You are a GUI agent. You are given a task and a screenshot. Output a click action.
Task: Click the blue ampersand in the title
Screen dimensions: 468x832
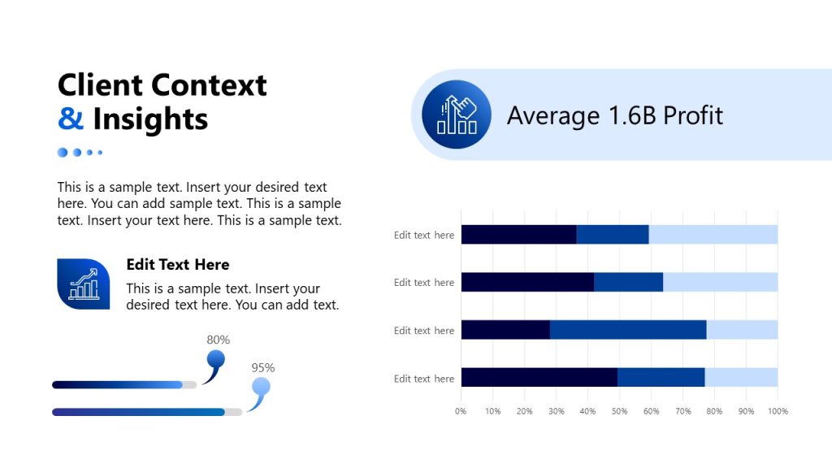[x=71, y=119]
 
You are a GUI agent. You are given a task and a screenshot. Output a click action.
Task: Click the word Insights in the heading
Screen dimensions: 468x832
[x=150, y=119]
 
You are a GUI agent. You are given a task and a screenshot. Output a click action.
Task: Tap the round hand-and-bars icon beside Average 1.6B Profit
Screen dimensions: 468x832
[x=456, y=115]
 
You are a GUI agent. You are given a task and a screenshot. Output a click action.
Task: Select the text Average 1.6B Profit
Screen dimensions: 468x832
[x=614, y=115]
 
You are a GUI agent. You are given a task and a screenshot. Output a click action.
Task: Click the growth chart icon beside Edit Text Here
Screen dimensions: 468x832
[x=83, y=284]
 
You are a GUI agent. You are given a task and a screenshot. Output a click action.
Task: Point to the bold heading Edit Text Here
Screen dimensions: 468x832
[x=178, y=264]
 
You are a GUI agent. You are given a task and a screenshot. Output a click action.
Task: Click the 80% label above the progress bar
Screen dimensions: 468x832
[x=218, y=340]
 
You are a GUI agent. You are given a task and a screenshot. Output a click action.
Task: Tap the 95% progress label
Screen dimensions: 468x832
[x=262, y=367]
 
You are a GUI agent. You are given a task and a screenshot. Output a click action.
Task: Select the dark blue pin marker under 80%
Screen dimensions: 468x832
[x=215, y=359]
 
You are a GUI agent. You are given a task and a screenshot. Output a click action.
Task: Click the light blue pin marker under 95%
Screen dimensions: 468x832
[x=260, y=388]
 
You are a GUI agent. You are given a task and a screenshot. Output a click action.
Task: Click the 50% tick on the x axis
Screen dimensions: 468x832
[x=619, y=411]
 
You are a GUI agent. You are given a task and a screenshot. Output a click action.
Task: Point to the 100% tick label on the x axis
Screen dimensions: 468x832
[x=778, y=411]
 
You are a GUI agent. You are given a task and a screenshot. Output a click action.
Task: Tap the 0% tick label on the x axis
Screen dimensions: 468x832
[x=461, y=411]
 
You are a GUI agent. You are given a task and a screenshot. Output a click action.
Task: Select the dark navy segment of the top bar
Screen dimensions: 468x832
[x=518, y=235]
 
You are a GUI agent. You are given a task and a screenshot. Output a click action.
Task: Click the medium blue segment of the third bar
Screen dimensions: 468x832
[x=628, y=330]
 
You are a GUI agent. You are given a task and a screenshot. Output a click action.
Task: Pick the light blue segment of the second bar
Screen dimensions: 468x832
[x=720, y=282]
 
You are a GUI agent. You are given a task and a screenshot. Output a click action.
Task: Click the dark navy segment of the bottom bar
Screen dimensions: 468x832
[x=539, y=378]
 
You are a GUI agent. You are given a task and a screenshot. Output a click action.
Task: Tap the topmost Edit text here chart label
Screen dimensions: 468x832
[x=424, y=235]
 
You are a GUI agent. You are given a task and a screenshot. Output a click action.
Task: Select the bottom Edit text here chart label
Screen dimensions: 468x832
[x=424, y=379]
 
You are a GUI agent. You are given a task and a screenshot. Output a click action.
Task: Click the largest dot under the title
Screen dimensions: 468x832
[x=63, y=152]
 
